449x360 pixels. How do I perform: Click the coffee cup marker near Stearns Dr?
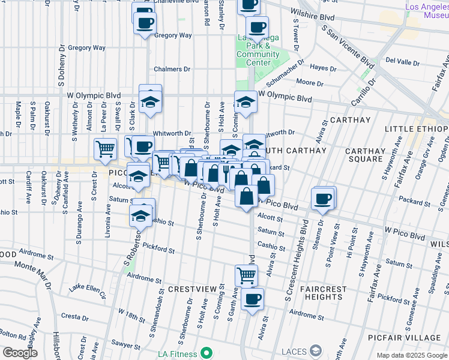pos(322,199)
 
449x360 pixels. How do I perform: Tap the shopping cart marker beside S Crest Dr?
pos(105,149)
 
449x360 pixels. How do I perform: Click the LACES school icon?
pos(316,351)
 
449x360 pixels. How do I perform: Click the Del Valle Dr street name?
pos(402,61)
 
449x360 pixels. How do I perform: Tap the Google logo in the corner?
pos(20,353)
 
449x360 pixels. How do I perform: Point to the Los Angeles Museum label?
pos(426,11)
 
